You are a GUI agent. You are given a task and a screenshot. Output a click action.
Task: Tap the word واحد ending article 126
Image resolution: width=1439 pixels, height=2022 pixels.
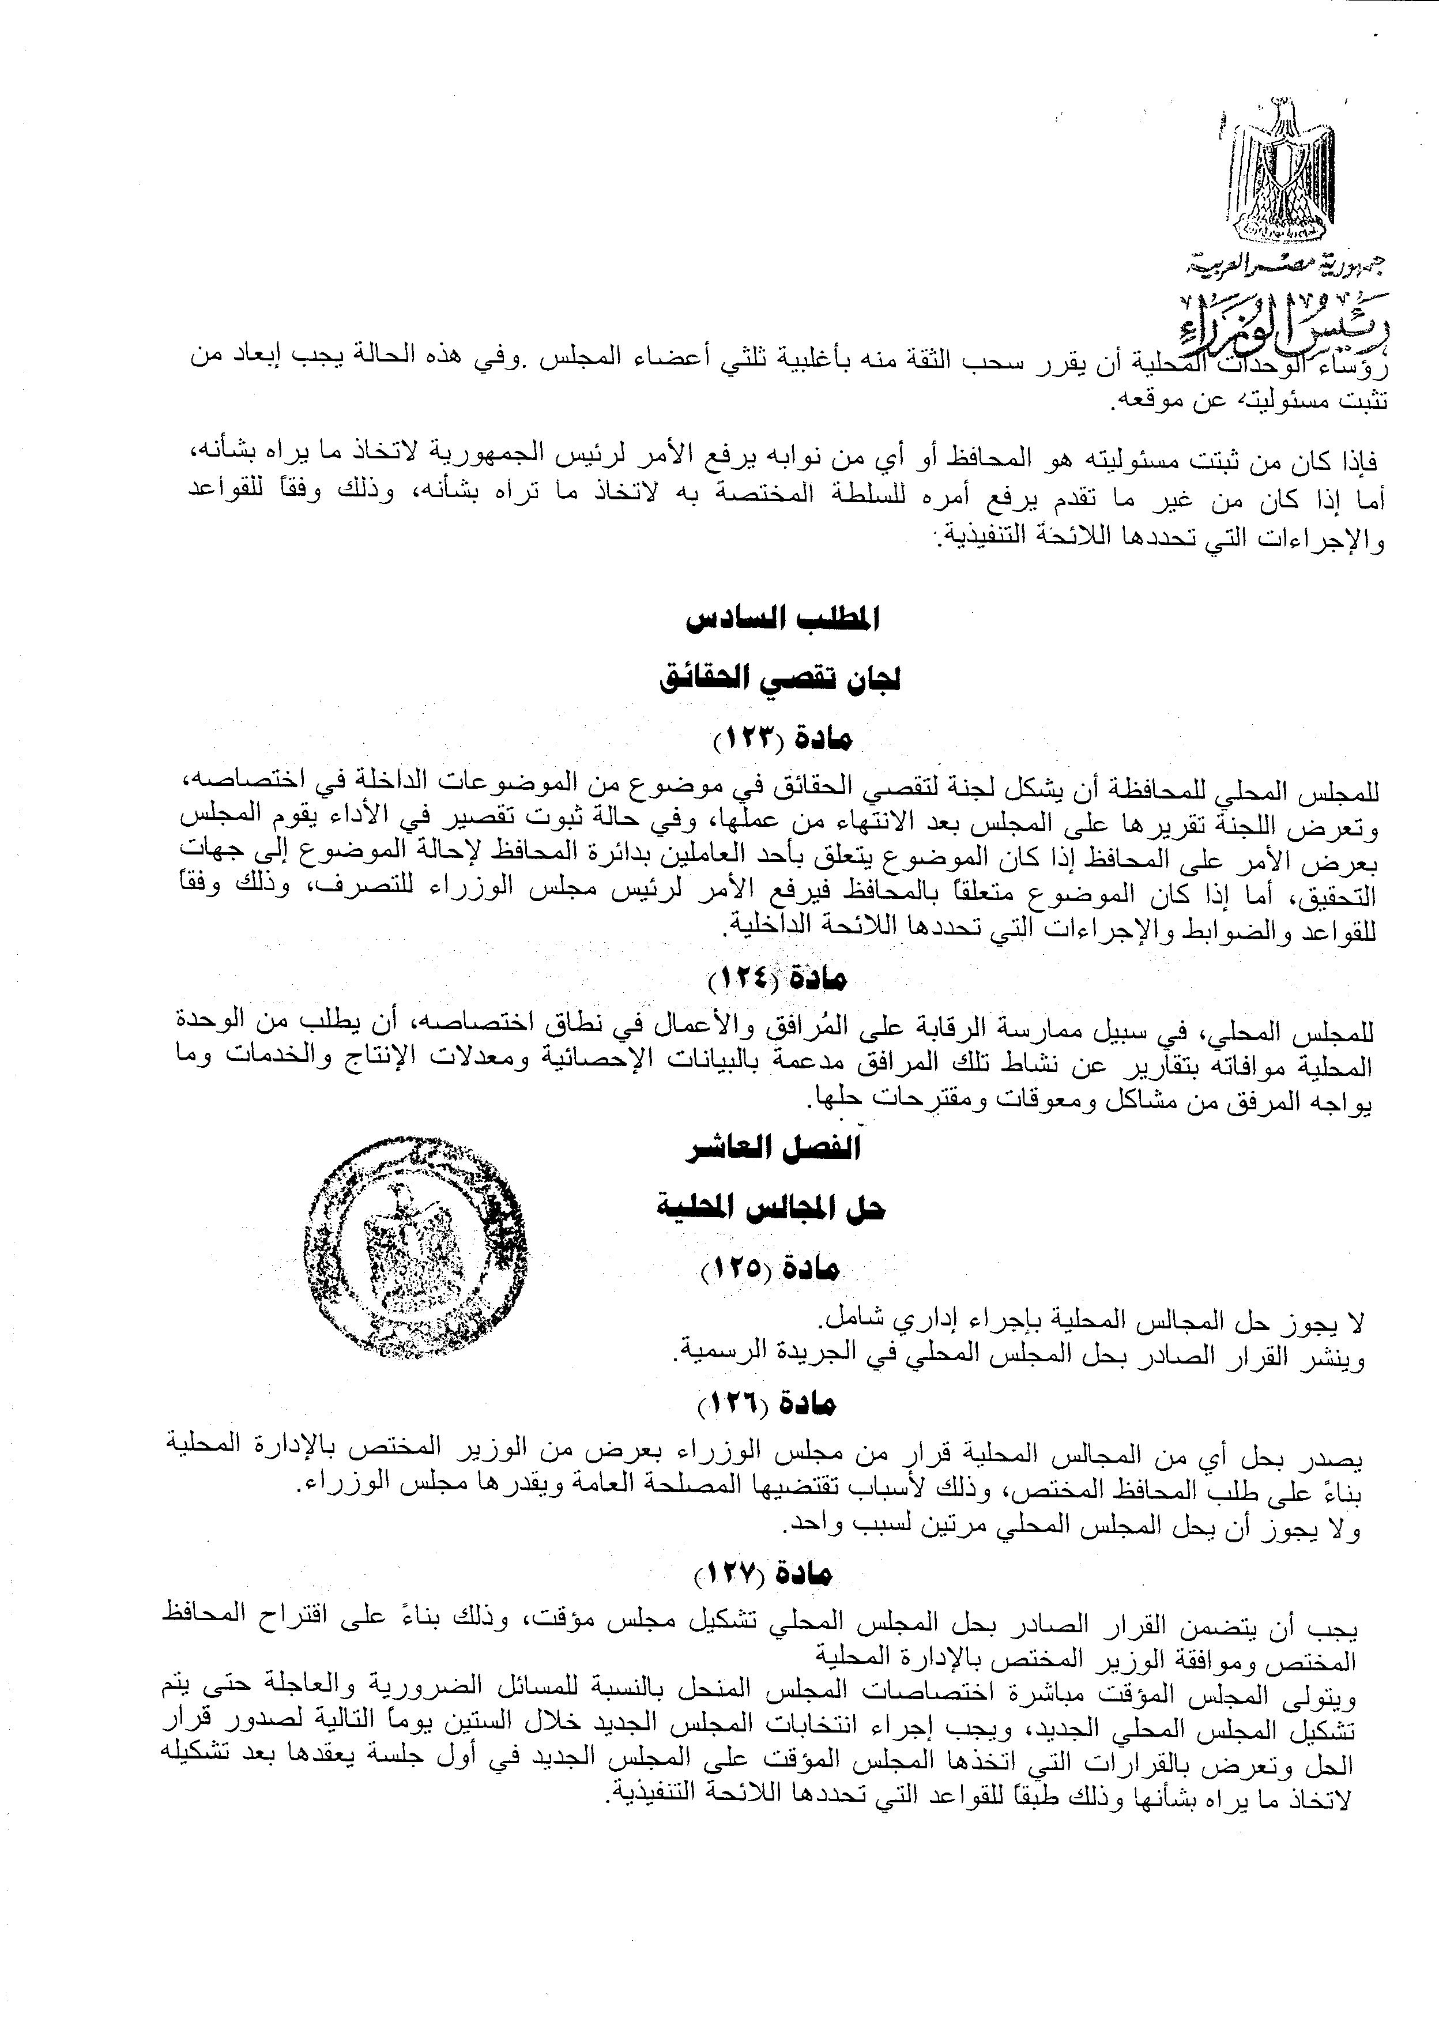809,1527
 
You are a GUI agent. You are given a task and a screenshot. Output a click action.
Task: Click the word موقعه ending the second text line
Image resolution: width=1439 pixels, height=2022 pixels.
1143,401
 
